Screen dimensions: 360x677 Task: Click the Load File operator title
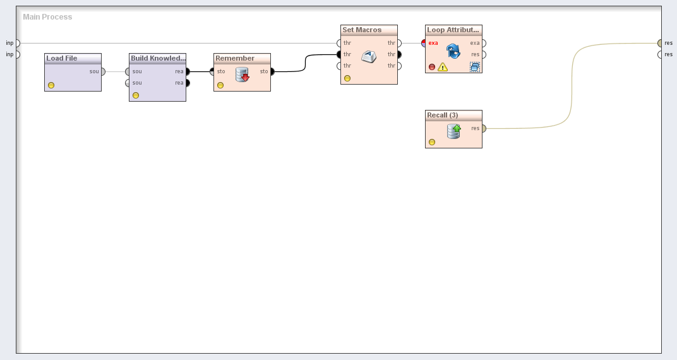62,58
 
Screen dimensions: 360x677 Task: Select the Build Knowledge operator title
158,58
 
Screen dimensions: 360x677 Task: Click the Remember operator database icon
243,75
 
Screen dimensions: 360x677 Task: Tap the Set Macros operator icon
369,57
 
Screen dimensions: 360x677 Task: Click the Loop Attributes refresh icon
453,51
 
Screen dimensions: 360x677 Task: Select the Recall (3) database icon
453,131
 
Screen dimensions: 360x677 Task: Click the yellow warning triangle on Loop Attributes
443,66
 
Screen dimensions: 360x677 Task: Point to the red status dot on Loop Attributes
432,66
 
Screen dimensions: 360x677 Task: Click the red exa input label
433,43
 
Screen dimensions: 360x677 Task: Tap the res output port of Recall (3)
483,128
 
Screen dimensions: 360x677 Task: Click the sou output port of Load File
103,71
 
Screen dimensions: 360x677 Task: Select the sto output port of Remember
272,71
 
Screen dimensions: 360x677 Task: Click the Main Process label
47,17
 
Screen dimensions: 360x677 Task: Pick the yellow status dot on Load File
51,85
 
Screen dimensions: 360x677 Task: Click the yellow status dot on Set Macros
347,78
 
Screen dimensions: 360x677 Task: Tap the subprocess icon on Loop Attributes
474,66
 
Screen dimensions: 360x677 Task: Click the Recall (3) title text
443,115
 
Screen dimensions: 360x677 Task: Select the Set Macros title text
362,30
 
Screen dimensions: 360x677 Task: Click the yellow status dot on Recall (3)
432,142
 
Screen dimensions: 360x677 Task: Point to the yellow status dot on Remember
220,85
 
